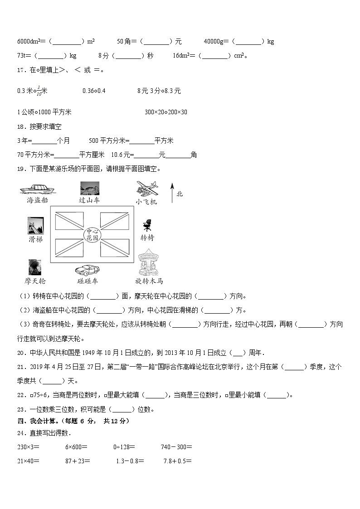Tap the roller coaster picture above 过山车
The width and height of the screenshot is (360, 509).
pos(89,188)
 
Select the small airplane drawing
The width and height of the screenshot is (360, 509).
pos(147,188)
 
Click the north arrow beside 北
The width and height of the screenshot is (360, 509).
pos(172,192)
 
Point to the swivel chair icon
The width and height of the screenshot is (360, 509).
pos(146,225)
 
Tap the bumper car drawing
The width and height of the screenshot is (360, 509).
pos(88,269)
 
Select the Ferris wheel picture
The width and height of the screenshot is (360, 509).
pos(35,267)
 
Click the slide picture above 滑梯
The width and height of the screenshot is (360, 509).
pos(35,225)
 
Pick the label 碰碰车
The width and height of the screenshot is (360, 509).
pos(88,281)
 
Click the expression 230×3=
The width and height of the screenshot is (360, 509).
pos(28,447)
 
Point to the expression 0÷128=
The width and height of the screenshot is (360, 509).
pos(124,447)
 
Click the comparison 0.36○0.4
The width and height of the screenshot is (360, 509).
pos(94,91)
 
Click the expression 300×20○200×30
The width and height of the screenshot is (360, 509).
pos(165,112)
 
